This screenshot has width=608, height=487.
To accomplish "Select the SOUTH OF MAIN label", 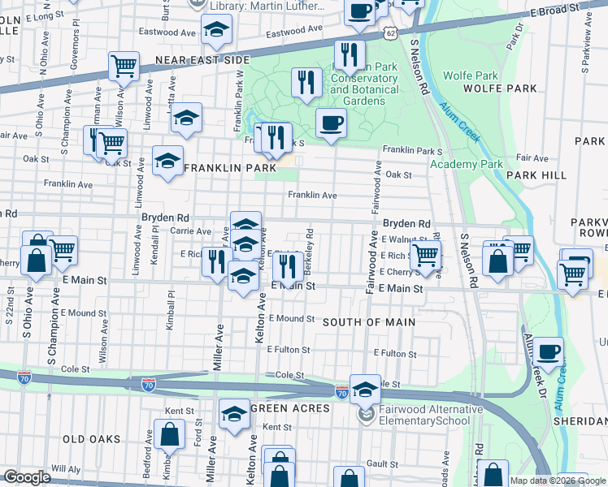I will tap(369, 322).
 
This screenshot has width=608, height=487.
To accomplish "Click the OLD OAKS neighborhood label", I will tap(91, 439).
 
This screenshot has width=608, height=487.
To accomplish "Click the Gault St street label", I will tap(380, 462).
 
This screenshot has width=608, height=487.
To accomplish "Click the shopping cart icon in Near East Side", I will tap(123, 65).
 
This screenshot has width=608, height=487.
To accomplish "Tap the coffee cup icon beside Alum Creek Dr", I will tap(549, 351).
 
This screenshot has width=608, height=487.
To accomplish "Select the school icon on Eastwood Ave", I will tap(216, 32).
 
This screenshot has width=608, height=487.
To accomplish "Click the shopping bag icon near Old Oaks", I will tap(170, 437).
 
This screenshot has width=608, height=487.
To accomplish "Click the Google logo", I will tap(28, 477).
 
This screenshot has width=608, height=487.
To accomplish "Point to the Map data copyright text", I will tap(557, 481).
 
